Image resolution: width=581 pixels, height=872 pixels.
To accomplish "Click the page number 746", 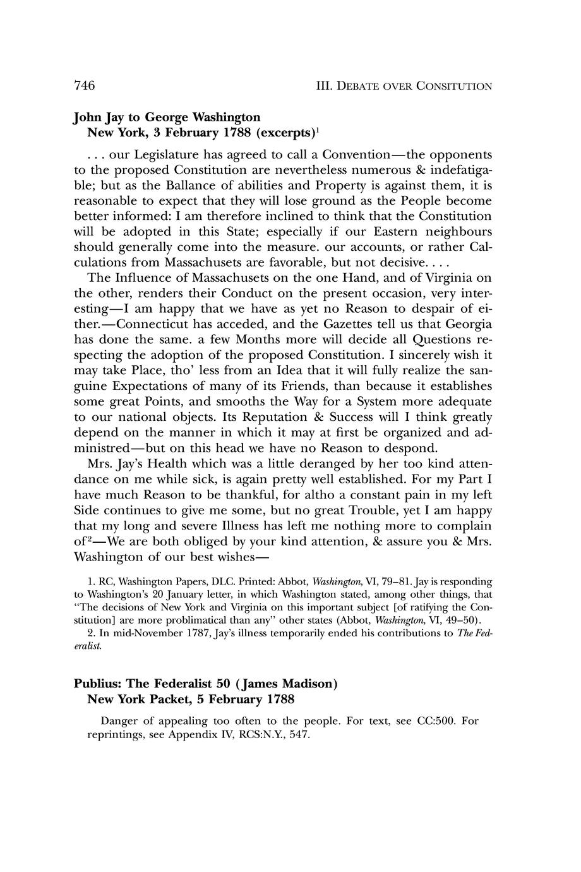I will (x=85, y=85).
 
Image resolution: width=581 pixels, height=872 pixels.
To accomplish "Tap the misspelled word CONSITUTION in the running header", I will (x=454, y=86).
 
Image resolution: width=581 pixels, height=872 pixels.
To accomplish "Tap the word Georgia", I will (x=469, y=324).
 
